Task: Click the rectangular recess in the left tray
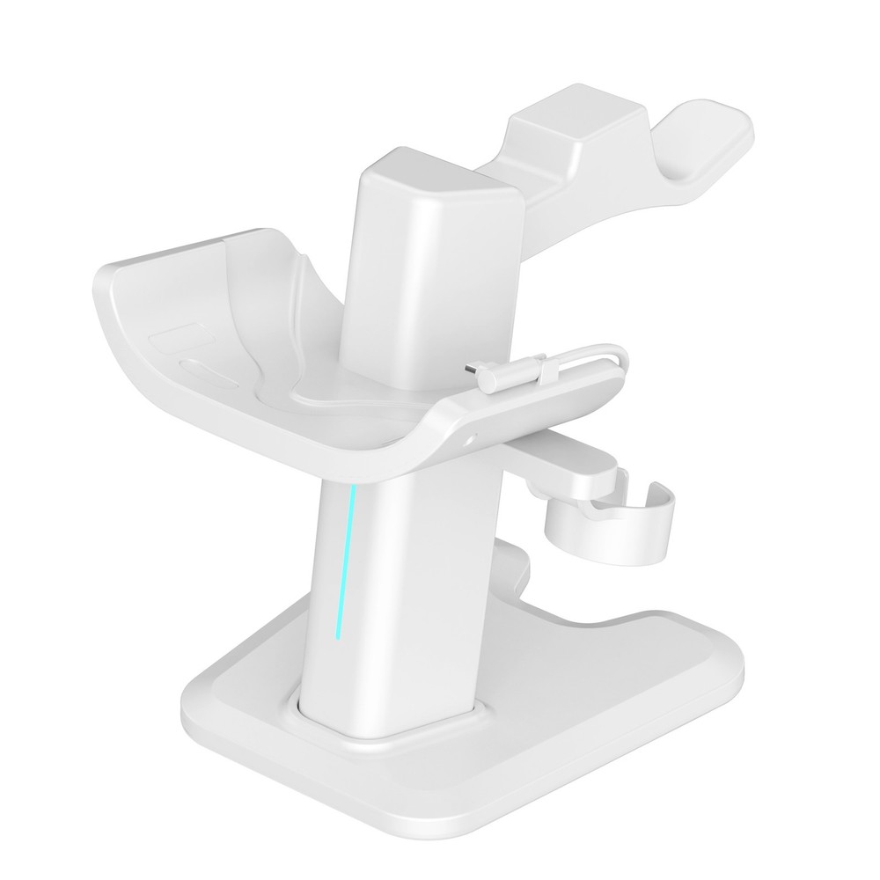[176, 339]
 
